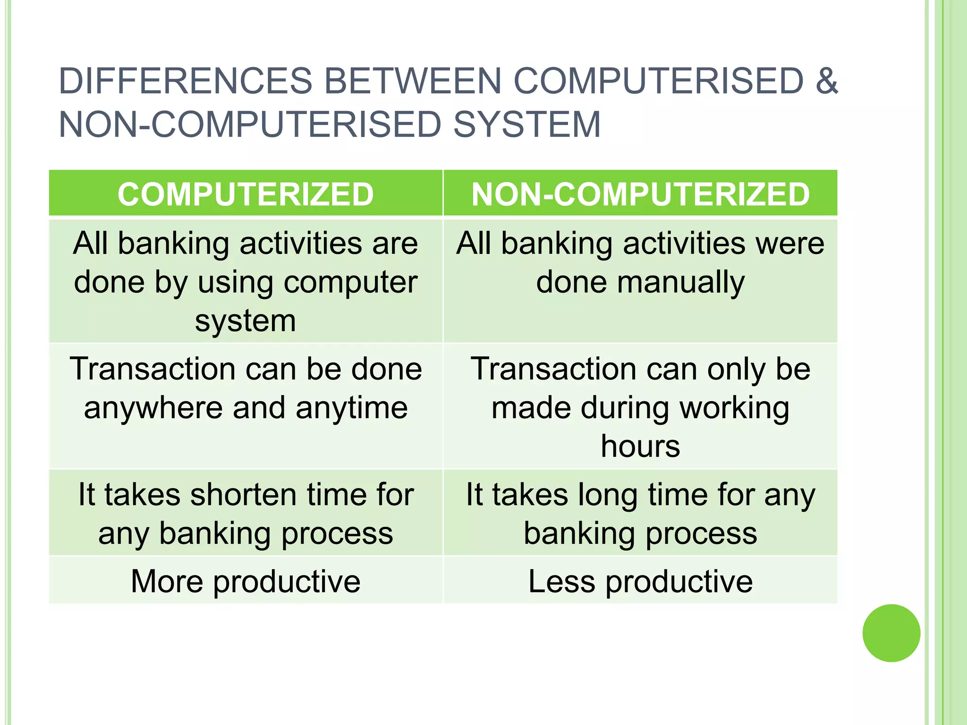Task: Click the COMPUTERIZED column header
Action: (246, 194)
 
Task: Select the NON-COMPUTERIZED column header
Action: (640, 194)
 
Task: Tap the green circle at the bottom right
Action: (891, 633)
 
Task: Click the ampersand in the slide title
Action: (826, 81)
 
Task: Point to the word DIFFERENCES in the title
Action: (186, 81)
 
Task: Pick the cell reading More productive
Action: (246, 581)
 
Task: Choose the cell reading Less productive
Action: (640, 581)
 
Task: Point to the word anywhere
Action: (153, 408)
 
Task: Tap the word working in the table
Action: (734, 408)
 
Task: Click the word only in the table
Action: (735, 369)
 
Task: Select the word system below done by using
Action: (246, 321)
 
